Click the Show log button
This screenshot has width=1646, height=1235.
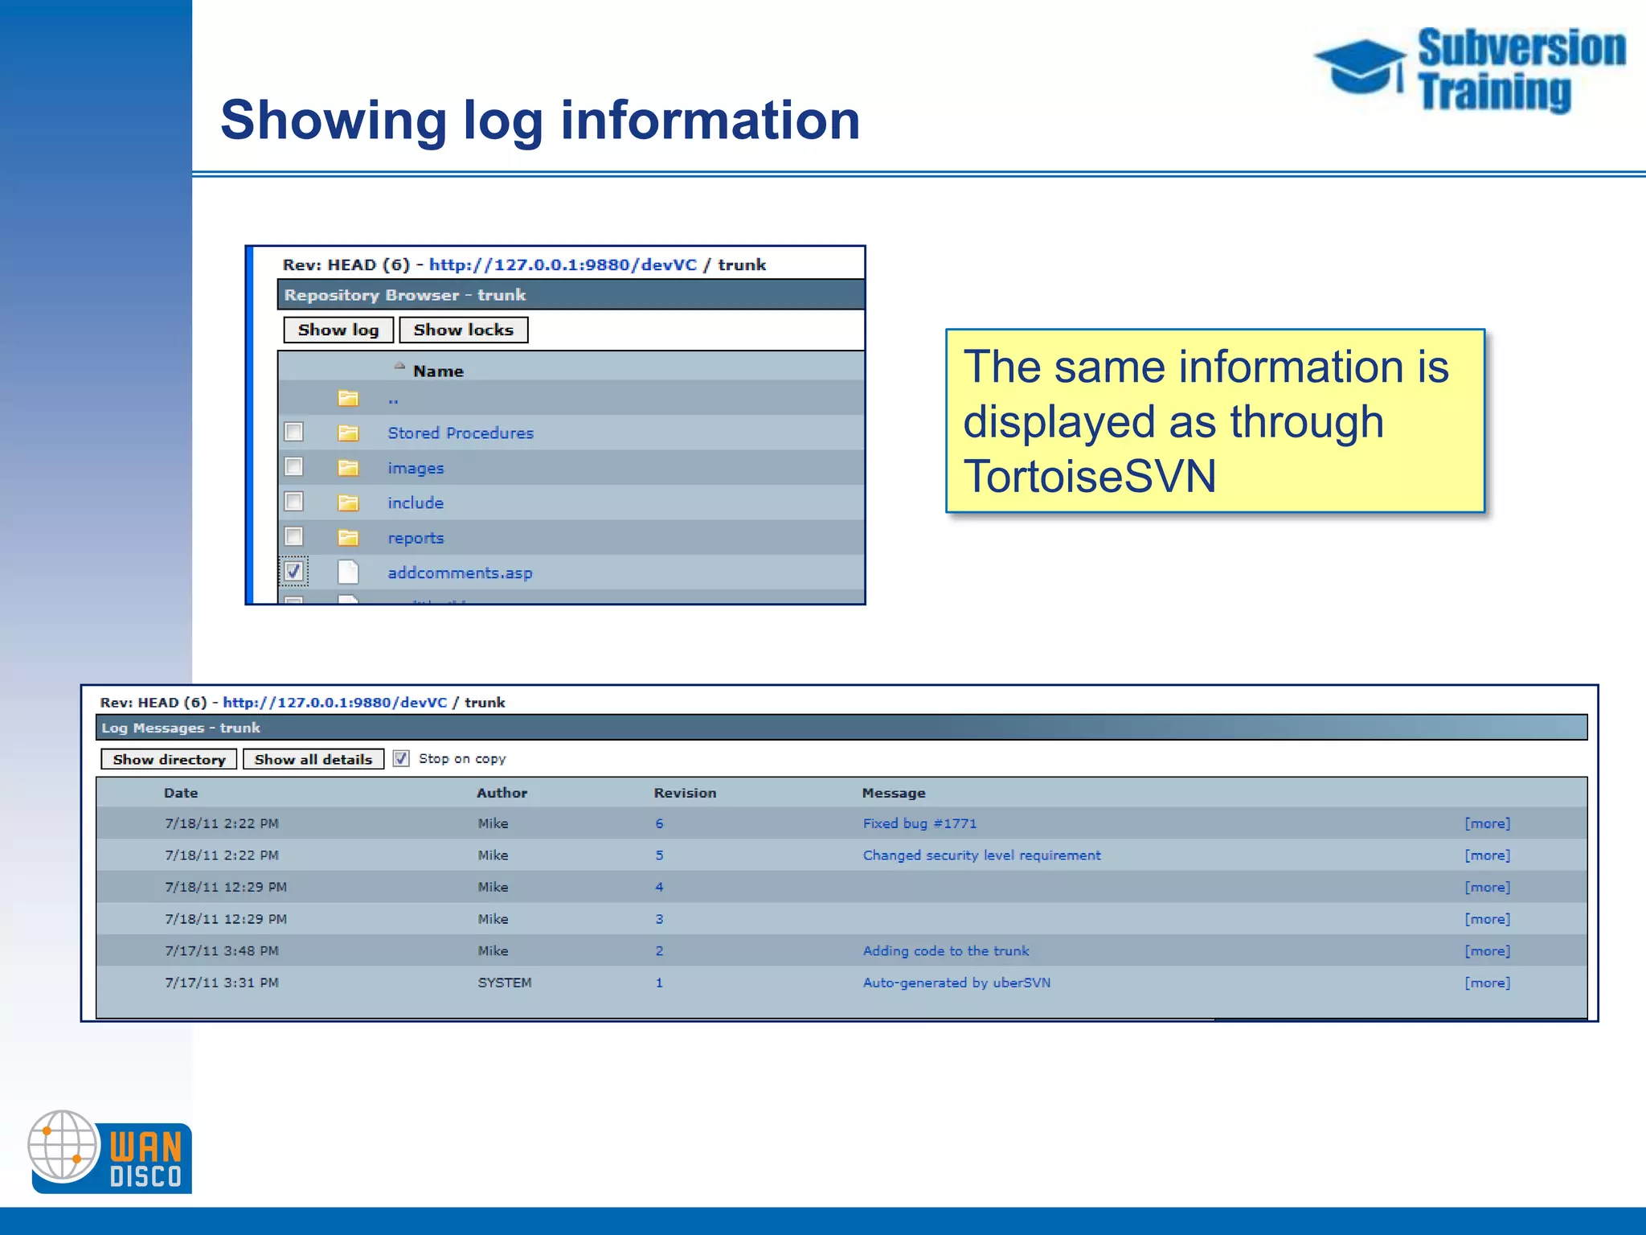point(338,330)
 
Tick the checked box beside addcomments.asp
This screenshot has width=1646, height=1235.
point(294,572)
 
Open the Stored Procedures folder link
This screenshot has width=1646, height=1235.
point(460,433)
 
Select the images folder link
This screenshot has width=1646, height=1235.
point(415,468)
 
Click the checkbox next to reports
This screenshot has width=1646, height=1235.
point(294,536)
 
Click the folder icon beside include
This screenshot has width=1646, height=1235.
point(348,503)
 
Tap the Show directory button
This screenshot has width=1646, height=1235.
point(169,759)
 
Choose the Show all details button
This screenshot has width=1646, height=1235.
point(313,759)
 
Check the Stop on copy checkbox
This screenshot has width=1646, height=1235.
point(401,758)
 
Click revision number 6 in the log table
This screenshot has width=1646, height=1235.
point(659,823)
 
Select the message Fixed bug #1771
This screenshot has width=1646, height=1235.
point(919,823)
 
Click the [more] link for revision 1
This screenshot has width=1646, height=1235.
point(1487,983)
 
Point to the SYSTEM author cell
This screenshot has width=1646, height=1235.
point(505,983)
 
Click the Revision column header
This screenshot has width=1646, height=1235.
point(685,793)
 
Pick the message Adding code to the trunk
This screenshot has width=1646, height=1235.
point(946,951)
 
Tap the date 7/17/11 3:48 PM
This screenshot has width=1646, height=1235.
point(222,951)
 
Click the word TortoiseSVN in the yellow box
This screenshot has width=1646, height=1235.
point(1090,476)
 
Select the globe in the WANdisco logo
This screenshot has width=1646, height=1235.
point(63,1146)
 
